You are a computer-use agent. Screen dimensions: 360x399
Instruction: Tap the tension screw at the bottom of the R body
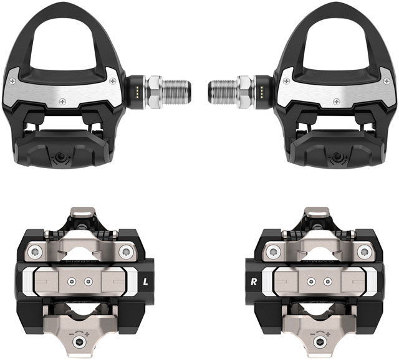[x=321, y=343]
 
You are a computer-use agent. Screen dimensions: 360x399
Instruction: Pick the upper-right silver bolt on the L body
[x=126, y=252]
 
